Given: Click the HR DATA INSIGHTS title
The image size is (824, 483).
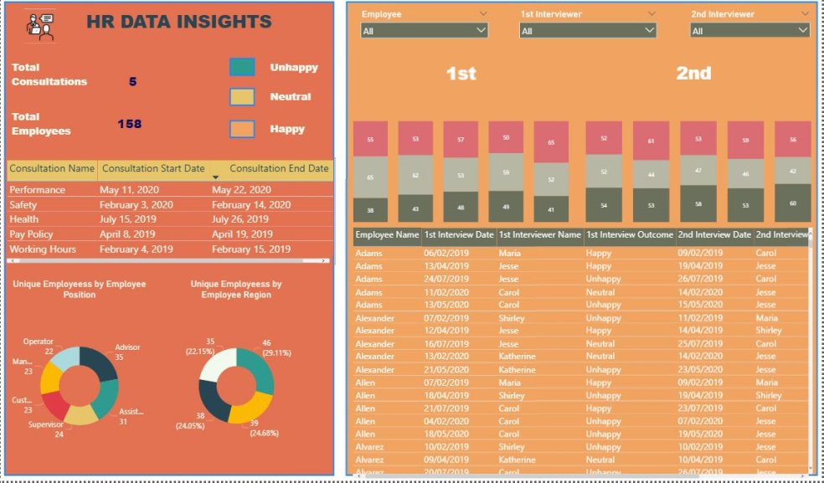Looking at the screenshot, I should coord(178,23).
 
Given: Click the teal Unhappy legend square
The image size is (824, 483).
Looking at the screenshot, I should coord(242,67).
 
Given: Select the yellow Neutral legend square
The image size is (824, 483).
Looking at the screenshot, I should coord(242,97).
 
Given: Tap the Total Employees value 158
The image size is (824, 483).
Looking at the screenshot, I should coord(129,124).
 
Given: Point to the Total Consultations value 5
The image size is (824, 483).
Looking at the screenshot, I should coord(132,81).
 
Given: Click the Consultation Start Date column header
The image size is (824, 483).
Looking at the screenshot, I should coord(153,168).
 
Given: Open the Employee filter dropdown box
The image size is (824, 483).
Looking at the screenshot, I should coord(424,31).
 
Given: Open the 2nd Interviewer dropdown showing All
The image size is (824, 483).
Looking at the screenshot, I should coord(749,31).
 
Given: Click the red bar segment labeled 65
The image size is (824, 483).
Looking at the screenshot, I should coord(551,142).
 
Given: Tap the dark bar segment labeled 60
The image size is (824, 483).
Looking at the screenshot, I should coord(792,203).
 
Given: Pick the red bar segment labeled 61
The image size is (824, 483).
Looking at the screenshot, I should coord(651,141).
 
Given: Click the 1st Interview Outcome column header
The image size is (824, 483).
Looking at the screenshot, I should coord(629,235).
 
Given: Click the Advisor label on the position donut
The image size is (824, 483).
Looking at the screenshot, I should coord(127,347).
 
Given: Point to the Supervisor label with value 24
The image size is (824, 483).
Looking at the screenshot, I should coord(48,425).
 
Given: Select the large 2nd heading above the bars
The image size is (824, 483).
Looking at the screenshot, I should coord(693,74).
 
